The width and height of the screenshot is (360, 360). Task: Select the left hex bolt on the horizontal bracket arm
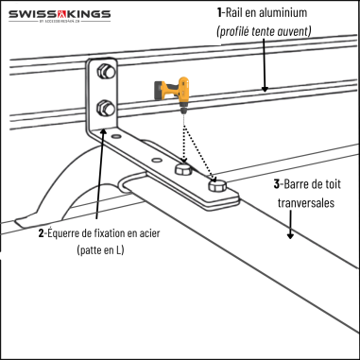[183, 170]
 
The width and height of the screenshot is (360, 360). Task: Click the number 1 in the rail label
[218, 13]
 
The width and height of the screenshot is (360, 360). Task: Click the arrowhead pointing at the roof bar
[299, 235]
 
